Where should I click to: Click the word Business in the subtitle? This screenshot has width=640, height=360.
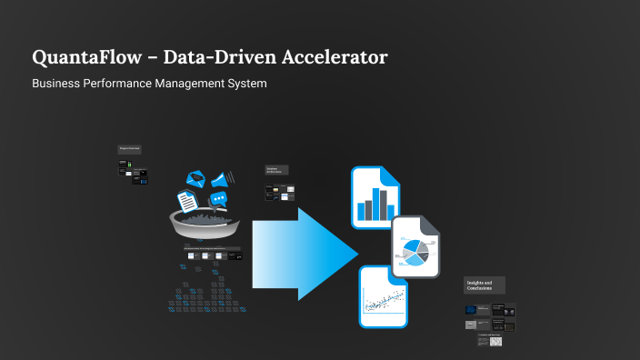click(55, 84)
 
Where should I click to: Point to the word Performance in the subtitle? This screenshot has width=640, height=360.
click(121, 84)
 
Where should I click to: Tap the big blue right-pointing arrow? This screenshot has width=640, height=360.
click(305, 254)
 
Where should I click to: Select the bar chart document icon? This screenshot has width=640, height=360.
click(375, 197)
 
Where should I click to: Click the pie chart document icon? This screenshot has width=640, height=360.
click(415, 247)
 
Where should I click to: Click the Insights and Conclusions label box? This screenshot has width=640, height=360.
click(484, 285)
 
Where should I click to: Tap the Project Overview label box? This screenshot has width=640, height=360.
click(129, 149)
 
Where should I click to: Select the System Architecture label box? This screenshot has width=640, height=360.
click(276, 170)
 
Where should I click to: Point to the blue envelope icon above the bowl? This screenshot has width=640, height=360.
click(195, 178)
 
